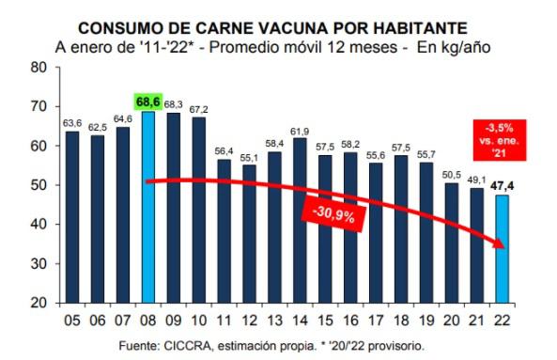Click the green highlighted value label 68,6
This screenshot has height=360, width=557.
(x=147, y=101)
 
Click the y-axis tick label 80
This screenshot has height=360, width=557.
(x=38, y=68)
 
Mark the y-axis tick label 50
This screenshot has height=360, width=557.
(x=38, y=185)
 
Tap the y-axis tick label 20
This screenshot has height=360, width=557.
(x=38, y=303)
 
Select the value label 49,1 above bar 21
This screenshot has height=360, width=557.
(x=479, y=180)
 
